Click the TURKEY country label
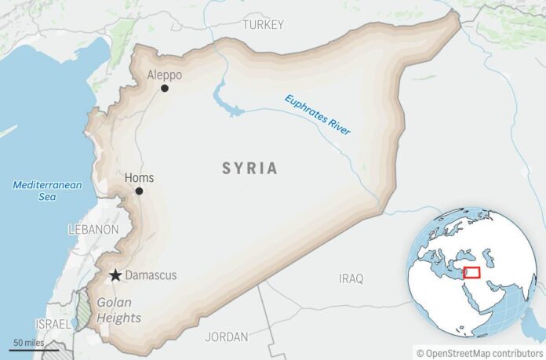(x=263, y=25)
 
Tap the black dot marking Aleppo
(x=165, y=89)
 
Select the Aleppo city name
(x=165, y=75)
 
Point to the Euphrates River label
(x=318, y=115)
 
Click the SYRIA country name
(x=249, y=168)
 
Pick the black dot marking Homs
(x=139, y=191)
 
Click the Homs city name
(x=140, y=178)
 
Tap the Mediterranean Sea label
(x=36, y=191)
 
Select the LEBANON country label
(x=93, y=230)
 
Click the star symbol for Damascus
(x=115, y=275)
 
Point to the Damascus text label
(x=151, y=275)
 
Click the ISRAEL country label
(x=52, y=324)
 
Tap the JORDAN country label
(x=227, y=336)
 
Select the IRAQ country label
(x=351, y=278)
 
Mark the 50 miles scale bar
(x=27, y=348)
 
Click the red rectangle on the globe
(x=471, y=272)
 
